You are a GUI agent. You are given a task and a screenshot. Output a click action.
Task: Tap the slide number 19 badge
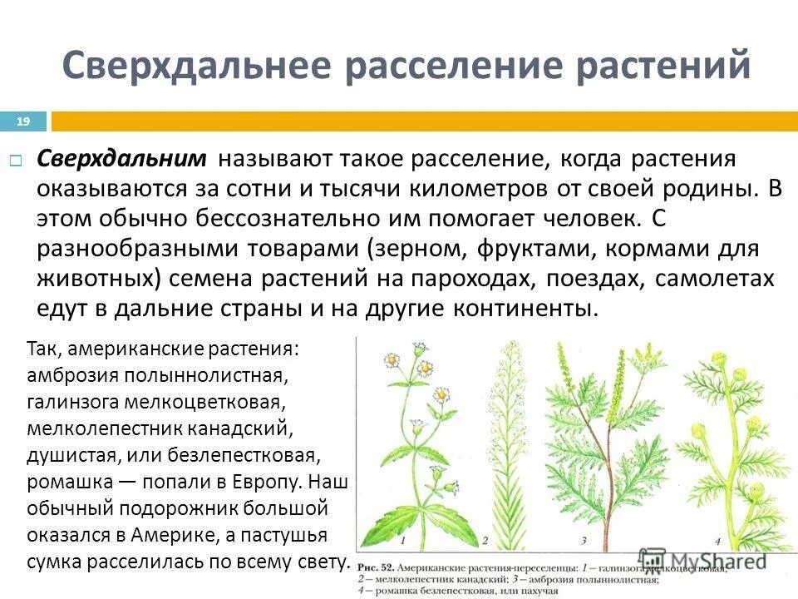(23, 122)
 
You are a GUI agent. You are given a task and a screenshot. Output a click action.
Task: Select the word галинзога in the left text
(75, 403)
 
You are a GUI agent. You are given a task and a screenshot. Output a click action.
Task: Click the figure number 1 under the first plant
(402, 540)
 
